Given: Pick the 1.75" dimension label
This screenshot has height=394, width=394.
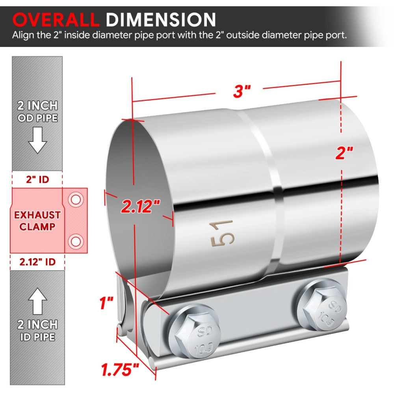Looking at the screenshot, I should [120, 370].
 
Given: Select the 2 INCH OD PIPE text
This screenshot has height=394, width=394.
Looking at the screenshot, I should [37, 112].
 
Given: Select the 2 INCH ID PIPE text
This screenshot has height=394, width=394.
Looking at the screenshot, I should [37, 331].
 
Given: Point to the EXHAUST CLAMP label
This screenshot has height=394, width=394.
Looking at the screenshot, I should [37, 221].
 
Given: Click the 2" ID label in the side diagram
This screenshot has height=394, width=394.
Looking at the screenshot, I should [37, 180].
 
